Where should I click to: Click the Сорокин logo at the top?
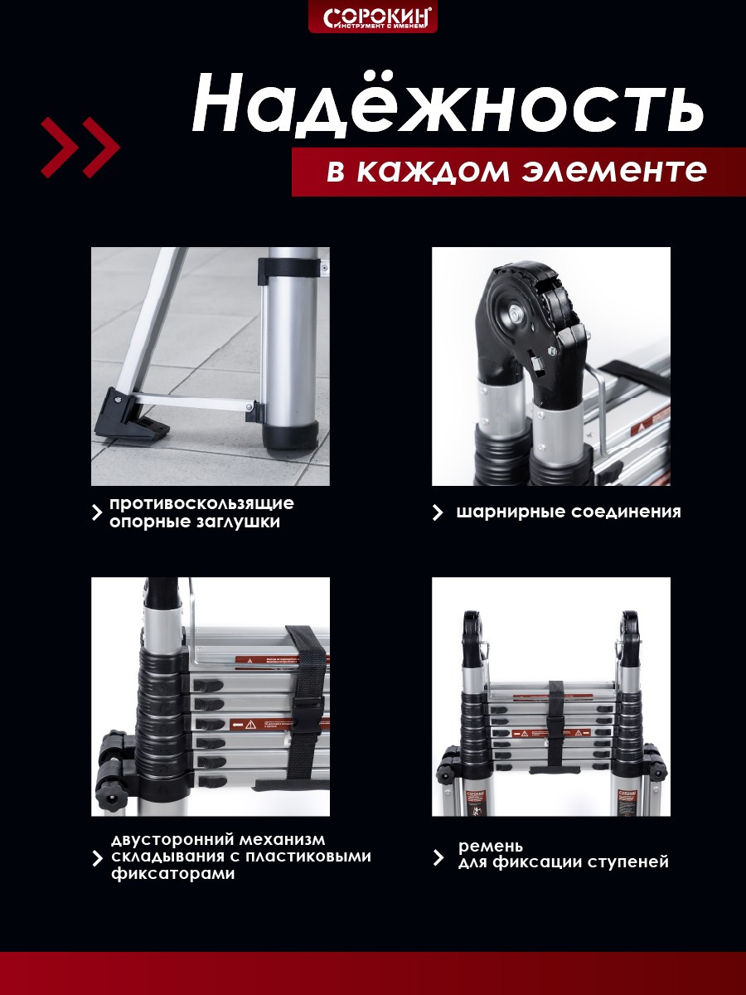[x=372, y=17]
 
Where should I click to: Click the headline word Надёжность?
[x=448, y=104]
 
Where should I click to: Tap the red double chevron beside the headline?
[x=80, y=147]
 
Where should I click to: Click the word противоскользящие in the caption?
[x=201, y=503]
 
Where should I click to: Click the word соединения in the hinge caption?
[x=626, y=512]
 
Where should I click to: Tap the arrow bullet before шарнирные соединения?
[x=438, y=512]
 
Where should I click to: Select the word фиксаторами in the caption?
[x=172, y=875]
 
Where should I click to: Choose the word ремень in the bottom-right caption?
[x=491, y=846]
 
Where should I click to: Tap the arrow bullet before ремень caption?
[x=438, y=857]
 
